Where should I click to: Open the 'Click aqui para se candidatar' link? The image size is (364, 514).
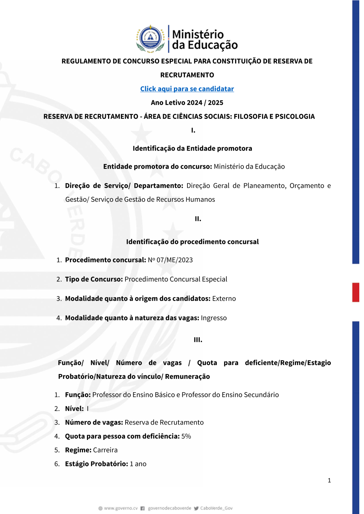pos(187,89)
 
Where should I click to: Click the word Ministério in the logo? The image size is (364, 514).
pos(198,34)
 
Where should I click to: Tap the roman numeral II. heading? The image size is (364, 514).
pos(198,219)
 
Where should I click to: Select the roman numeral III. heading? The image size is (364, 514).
pos(198,340)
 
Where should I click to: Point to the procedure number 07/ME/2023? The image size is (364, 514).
pos(174,260)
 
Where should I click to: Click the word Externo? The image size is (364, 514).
pos(224,298)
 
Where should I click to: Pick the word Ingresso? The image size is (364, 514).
pos(214,318)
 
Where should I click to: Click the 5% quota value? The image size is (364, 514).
pos(186,436)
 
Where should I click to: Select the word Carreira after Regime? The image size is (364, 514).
pos(105,450)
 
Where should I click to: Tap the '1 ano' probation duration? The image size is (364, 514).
pos(138,464)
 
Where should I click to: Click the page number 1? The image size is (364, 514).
pos(329,481)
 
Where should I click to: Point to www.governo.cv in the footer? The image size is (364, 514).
pos(121,508)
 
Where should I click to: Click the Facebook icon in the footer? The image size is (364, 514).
pos(143,508)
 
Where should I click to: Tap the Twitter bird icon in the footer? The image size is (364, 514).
pos(196,508)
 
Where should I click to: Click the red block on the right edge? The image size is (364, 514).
pos(356,292)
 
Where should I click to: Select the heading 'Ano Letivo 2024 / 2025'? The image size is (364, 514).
pos(187,103)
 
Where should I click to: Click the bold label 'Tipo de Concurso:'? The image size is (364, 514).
pos(94,279)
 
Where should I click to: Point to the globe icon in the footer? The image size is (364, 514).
pos(100,508)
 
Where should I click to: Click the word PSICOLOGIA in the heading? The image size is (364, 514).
pos(295,116)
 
